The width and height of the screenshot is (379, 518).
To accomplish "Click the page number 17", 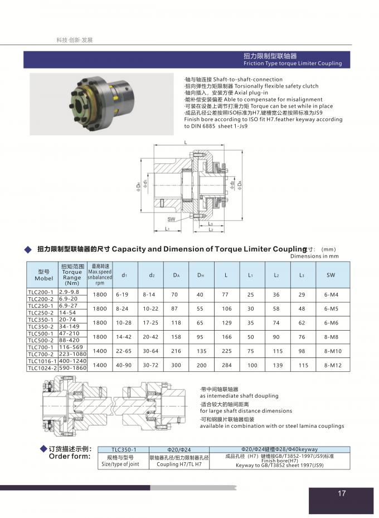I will [x=342, y=493].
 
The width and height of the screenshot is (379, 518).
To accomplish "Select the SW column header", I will [x=331, y=274].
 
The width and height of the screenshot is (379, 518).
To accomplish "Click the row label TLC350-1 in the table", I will [x=42, y=319].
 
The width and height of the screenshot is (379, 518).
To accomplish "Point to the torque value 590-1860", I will [x=72, y=368].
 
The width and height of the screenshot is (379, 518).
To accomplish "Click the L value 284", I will [x=226, y=365].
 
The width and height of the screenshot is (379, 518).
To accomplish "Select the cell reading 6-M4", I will [x=331, y=294].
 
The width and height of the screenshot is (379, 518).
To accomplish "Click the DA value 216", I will [x=176, y=351].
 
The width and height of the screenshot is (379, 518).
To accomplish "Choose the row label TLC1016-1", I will [x=42, y=361].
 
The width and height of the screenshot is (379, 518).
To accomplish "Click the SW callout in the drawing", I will [x=171, y=219].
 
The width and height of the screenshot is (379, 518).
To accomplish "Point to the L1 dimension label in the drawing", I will [x=167, y=229].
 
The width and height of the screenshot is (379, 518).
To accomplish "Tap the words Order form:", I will [x=70, y=456].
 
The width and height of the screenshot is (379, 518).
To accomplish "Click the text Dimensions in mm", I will [x=314, y=256].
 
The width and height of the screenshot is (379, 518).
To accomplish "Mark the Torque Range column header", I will [x=72, y=274].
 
